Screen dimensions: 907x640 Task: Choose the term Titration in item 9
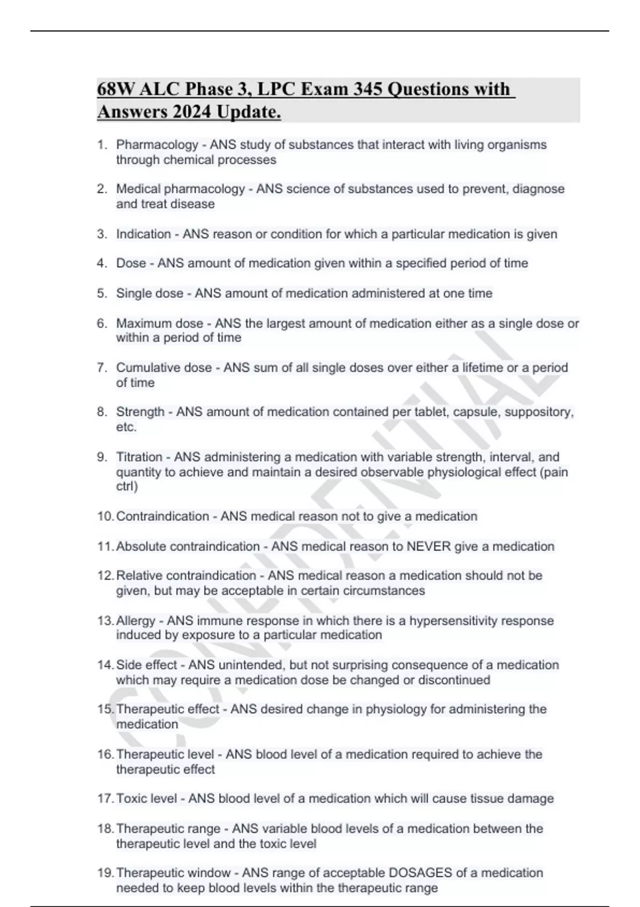tap(139, 457)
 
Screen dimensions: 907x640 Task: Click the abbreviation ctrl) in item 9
tap(127, 487)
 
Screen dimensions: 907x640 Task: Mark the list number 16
tap(105, 754)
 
